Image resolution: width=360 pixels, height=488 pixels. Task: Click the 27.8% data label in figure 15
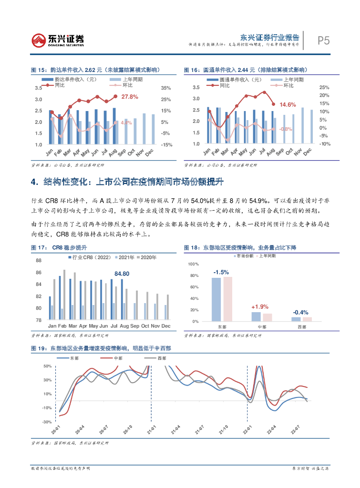click(130, 97)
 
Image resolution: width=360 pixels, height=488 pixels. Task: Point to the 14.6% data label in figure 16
click(288, 104)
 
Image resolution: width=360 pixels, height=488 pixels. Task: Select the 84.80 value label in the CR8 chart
click(122, 274)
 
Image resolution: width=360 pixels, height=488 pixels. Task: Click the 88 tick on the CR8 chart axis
click(39, 261)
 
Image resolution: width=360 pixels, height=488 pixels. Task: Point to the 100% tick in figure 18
click(192, 264)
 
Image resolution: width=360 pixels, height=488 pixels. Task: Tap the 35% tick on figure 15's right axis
click(165, 88)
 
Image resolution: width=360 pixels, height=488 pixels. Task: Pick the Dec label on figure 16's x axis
click(307, 152)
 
